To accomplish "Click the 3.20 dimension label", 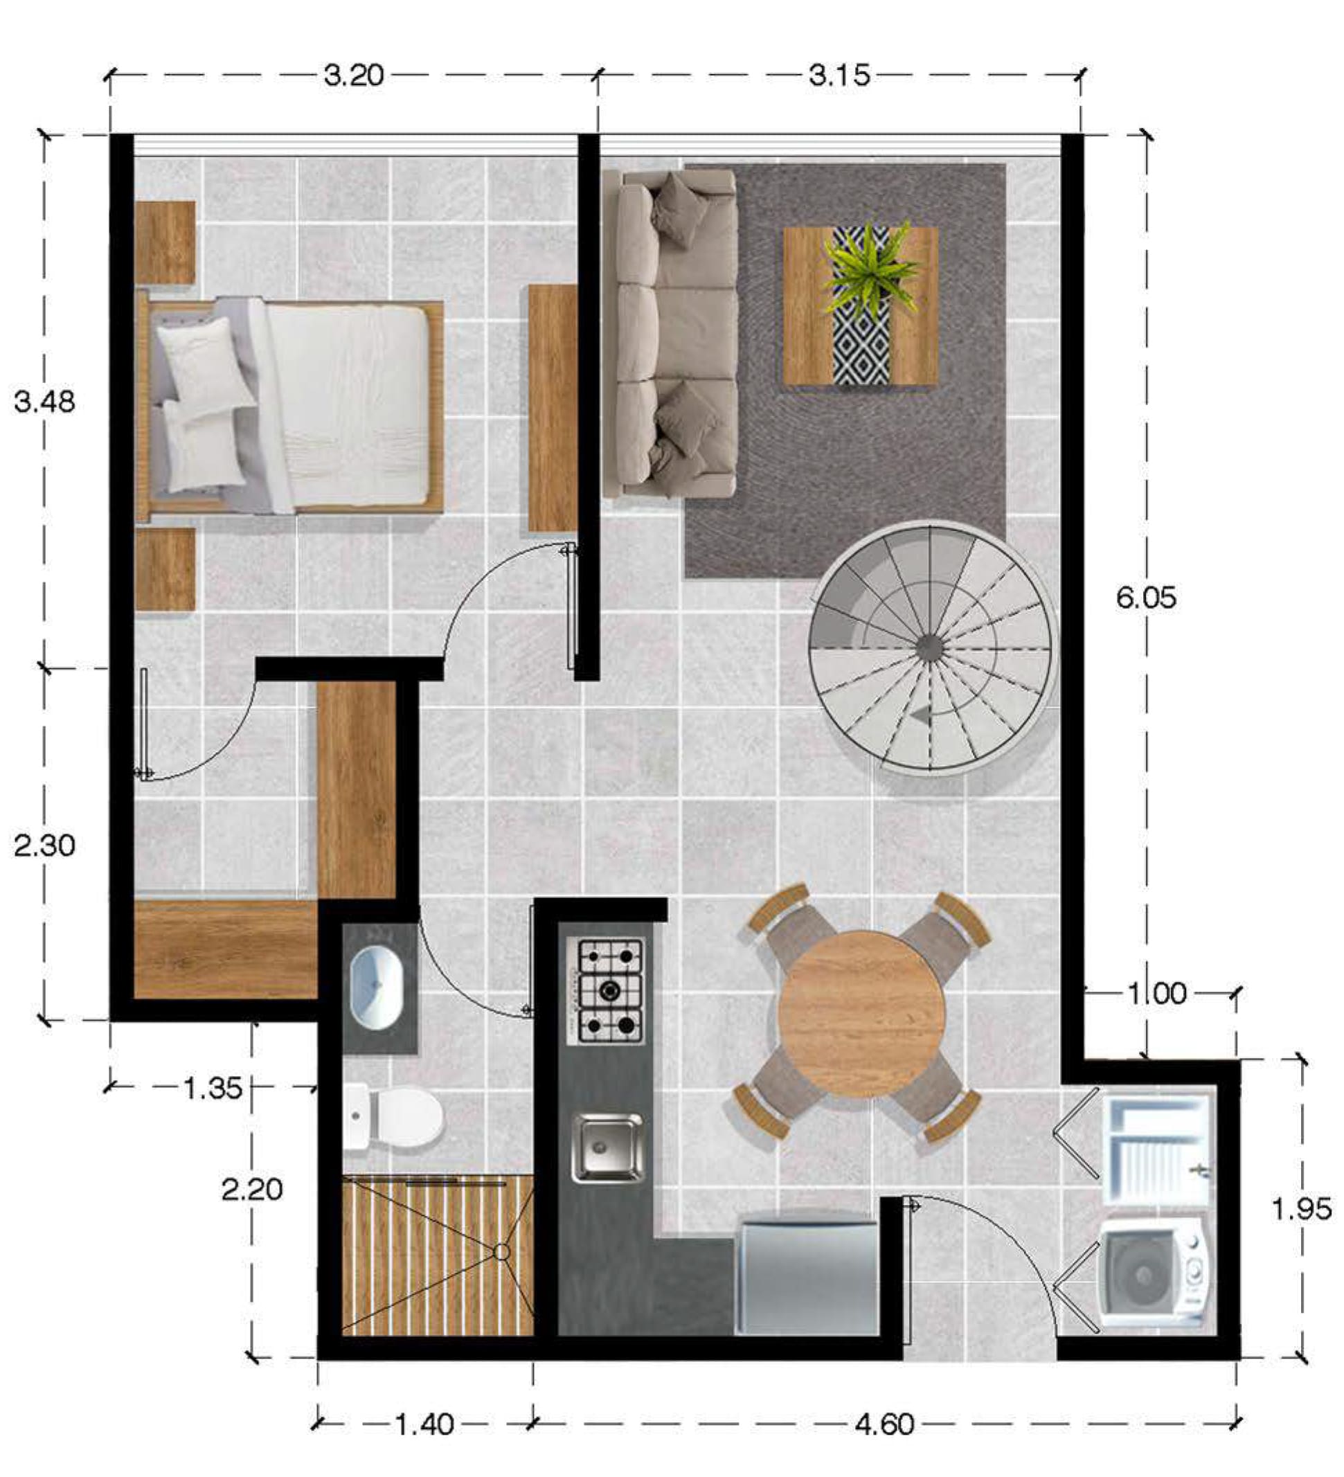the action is pos(354,75).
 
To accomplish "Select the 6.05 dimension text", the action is pos(1145,598).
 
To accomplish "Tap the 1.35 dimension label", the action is pos(212,1088).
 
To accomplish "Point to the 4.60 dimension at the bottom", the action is pos(884,1424).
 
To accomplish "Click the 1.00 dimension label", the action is pos(1156,994).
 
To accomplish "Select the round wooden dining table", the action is pos(861,1013).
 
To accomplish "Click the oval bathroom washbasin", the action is pos(377,986).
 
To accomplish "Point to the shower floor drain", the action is pos(502,1252).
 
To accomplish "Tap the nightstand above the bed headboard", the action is pos(165,242).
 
